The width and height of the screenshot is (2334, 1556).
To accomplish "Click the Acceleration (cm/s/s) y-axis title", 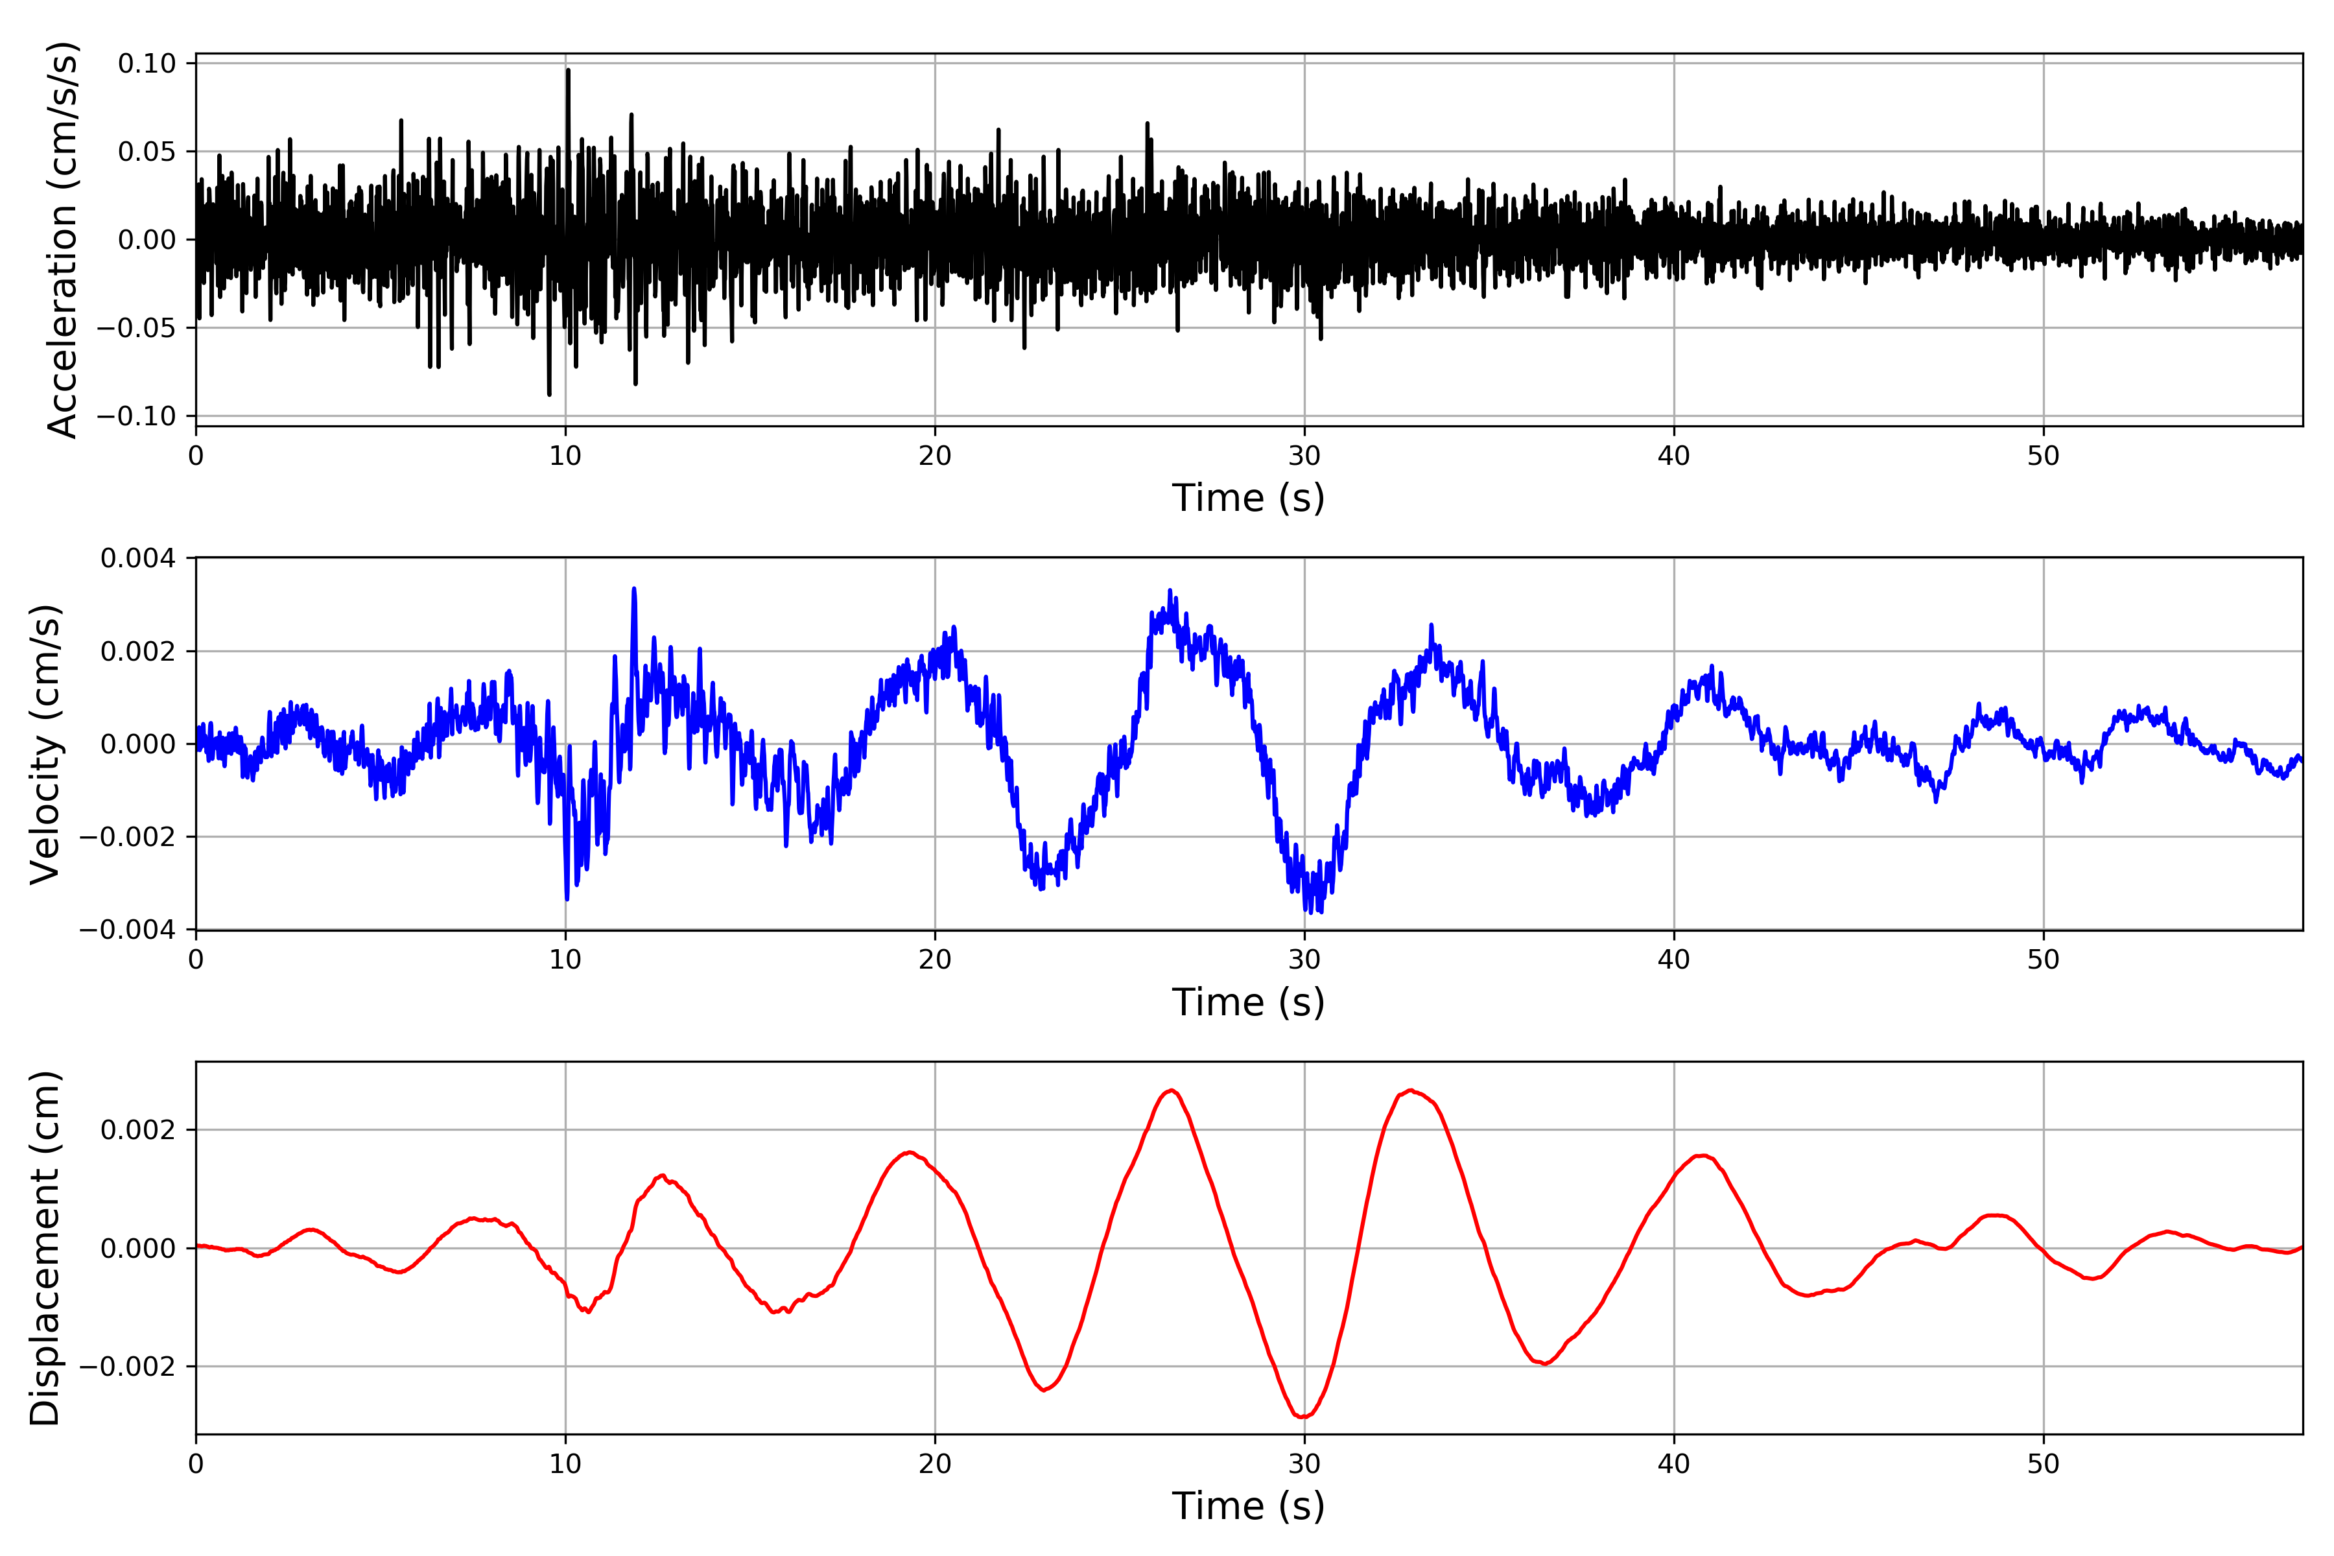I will [x=62, y=239].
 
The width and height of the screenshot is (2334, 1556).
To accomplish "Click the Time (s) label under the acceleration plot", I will [x=1249, y=498].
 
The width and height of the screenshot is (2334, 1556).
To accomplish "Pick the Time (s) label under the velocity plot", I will [x=1249, y=1002].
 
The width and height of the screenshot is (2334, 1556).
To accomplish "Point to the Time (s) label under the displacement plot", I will [x=1249, y=1506].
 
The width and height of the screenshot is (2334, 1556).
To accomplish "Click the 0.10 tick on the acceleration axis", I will [x=147, y=64].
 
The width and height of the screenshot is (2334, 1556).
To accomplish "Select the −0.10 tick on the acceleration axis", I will [x=136, y=416].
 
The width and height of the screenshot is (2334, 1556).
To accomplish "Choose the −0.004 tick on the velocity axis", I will [x=127, y=930].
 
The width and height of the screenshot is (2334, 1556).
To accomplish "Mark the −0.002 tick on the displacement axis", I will [x=127, y=1367].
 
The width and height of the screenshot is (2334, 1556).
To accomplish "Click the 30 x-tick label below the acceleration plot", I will [x=1304, y=456].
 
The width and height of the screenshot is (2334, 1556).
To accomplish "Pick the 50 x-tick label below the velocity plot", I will [x=2044, y=960].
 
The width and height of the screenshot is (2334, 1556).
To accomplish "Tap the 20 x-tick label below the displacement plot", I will [x=935, y=1464].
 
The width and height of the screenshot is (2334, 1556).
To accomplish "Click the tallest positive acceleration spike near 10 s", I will [x=568, y=71].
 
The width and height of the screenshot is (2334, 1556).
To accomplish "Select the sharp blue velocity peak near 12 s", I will [x=634, y=589].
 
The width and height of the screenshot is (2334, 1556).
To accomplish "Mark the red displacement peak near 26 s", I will [x=1172, y=1090].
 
